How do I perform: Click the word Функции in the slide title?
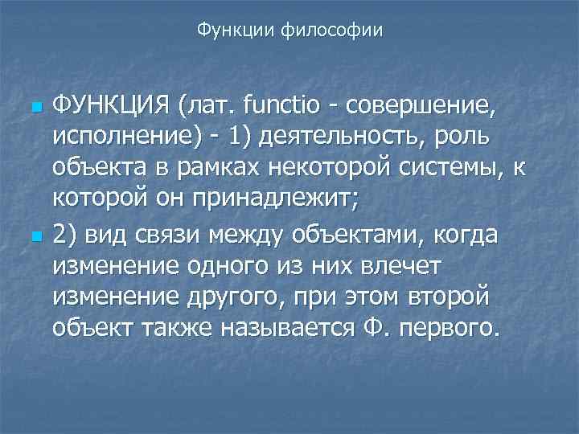pyautogui.click(x=235, y=31)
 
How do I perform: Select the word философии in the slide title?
pyautogui.click(x=331, y=31)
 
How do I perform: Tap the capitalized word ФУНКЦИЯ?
pyautogui.click(x=111, y=104)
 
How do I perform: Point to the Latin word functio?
pyautogui.click(x=274, y=104)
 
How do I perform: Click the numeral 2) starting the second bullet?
pyautogui.click(x=65, y=237)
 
